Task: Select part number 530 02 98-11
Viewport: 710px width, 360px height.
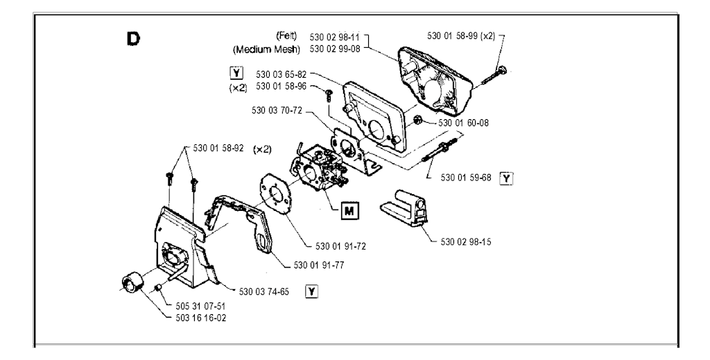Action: coord(336,36)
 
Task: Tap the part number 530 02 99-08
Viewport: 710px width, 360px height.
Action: coord(336,49)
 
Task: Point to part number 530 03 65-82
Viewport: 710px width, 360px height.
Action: coord(282,74)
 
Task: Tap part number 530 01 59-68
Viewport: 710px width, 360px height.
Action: coord(466,178)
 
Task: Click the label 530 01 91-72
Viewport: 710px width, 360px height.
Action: coord(340,246)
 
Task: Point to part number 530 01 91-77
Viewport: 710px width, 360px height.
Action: coord(319,265)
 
